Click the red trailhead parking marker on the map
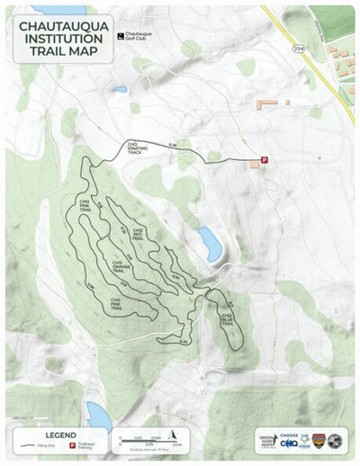264,160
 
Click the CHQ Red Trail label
139,233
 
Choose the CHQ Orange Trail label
122,266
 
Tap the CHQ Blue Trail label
228,318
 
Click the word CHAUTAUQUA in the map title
64,27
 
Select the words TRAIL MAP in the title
64,51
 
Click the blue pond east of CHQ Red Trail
210,243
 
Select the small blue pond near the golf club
121,89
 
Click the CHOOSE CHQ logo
288,440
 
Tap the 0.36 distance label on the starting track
171,144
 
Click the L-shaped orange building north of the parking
267,104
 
